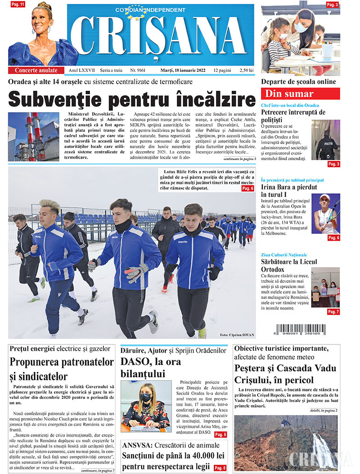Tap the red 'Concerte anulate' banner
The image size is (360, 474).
36,70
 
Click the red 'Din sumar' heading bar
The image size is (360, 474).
300,94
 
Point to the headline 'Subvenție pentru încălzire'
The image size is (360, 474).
132,98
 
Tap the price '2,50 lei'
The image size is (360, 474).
246,70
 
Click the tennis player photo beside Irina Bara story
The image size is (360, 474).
326,214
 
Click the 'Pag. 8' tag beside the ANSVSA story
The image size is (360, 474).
220,468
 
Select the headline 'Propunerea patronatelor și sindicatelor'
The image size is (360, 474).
62,369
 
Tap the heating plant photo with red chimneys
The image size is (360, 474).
34,137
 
